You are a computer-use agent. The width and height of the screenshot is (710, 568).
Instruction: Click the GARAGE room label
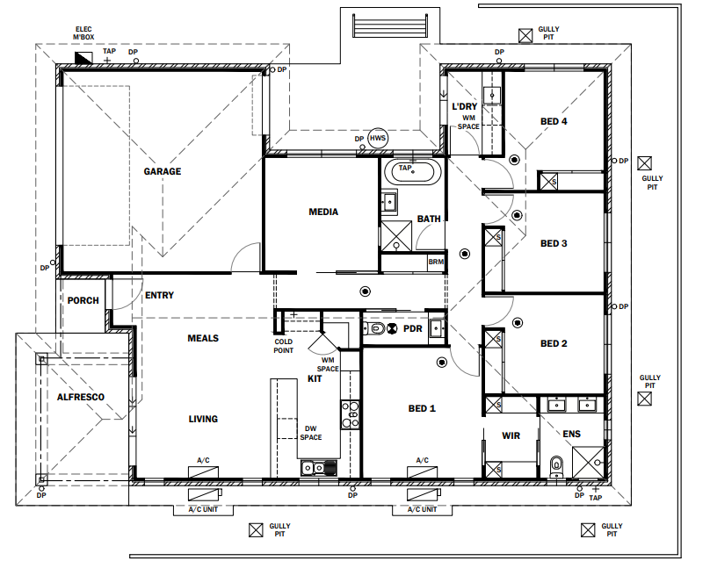[x=162, y=171]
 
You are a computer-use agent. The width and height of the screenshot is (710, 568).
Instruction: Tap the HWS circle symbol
[x=378, y=138]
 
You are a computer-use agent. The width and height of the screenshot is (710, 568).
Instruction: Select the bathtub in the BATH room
[x=412, y=171]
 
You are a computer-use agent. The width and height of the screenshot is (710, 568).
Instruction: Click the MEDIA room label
[x=323, y=212]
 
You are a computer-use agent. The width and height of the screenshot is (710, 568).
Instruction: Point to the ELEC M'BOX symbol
[x=83, y=57]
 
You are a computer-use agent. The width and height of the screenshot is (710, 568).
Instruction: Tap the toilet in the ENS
[x=556, y=467]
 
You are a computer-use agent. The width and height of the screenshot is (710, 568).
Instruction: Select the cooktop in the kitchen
[x=350, y=414]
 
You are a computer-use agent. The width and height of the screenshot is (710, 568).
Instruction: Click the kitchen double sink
[x=319, y=468]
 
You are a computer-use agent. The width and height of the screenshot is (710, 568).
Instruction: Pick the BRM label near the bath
[x=436, y=262]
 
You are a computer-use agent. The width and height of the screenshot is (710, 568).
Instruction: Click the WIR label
[x=511, y=435]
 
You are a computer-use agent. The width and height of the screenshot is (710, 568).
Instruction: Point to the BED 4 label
[x=554, y=121]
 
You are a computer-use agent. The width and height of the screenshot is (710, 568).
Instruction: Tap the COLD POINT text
[x=284, y=346]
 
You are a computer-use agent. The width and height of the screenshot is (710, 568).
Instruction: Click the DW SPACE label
[x=311, y=433]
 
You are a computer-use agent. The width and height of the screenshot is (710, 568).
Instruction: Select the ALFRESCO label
[x=81, y=397]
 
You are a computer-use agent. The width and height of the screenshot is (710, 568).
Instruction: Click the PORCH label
[x=83, y=300]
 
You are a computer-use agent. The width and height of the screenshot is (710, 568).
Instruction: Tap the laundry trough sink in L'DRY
[x=491, y=96]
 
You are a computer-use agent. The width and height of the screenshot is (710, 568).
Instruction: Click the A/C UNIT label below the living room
[x=203, y=509]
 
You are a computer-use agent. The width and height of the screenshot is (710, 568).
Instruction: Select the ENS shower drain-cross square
[x=588, y=462]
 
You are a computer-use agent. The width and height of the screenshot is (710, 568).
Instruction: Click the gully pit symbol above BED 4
[x=525, y=36]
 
